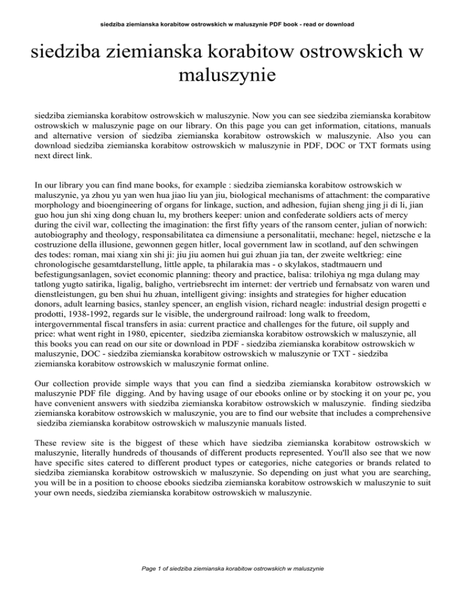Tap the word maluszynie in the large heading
pos(228,75)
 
